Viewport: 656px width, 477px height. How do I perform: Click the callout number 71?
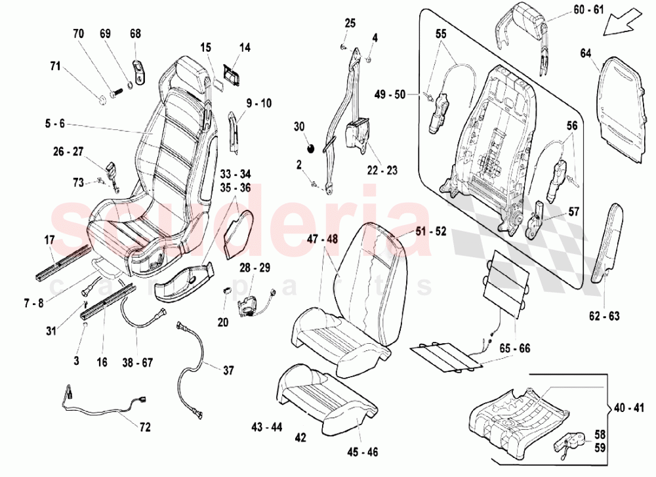[x=55, y=66]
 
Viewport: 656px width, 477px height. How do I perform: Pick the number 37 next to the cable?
[x=228, y=371]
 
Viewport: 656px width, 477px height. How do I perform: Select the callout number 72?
[x=144, y=427]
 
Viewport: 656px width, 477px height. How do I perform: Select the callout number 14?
[x=245, y=47]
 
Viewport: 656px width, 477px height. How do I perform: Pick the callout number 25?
[x=350, y=24]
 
